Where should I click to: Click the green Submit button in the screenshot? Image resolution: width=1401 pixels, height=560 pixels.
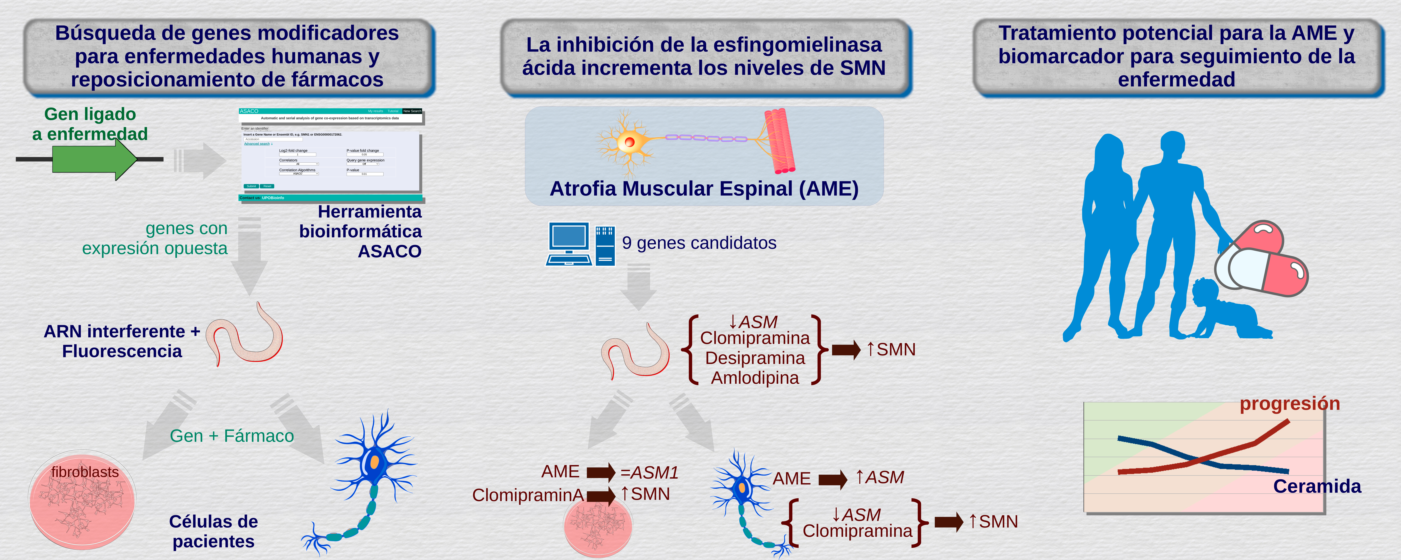pos(251,186)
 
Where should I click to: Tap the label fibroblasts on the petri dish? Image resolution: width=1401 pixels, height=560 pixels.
pos(85,472)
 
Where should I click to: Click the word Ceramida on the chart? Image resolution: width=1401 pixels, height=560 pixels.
pos(1317,486)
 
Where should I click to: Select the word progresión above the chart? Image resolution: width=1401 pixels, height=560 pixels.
pos(1290,403)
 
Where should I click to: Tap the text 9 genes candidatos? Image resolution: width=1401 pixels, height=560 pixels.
pos(699,243)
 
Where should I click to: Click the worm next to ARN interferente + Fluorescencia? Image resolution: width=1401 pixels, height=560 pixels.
pos(245,337)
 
